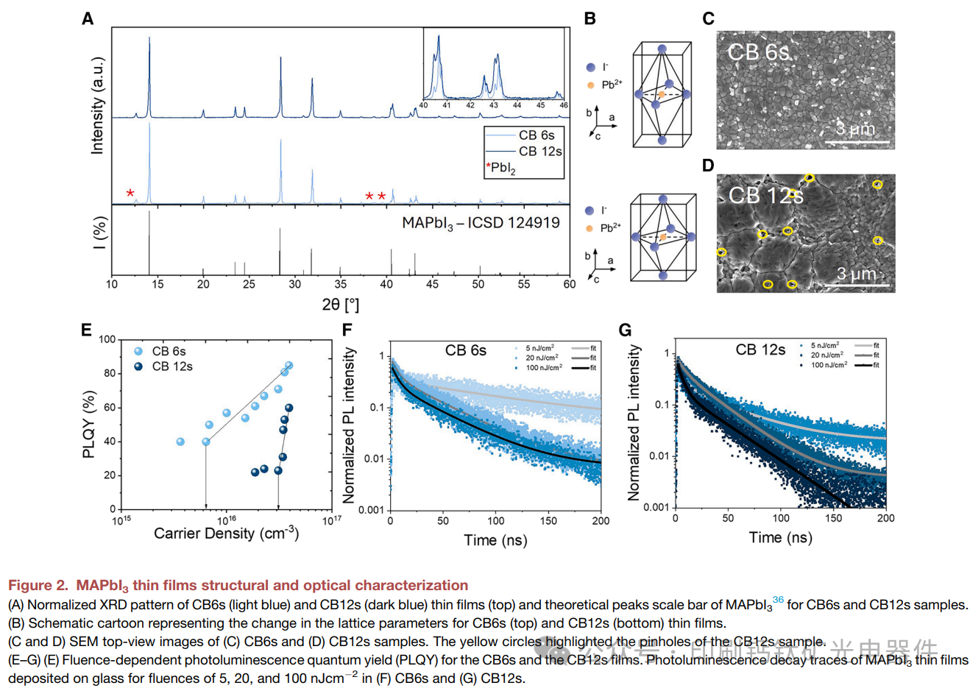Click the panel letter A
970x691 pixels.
(x=88, y=19)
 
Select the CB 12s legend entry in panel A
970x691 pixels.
(x=539, y=152)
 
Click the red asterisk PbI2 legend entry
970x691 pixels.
(x=501, y=169)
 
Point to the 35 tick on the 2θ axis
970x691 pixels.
(x=341, y=285)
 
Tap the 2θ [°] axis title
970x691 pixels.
(x=340, y=304)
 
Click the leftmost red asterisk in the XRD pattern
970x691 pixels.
(x=130, y=193)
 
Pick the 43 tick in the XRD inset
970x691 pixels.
(x=494, y=106)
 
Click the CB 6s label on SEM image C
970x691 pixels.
(x=758, y=52)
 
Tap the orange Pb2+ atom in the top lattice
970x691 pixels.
(x=661, y=94)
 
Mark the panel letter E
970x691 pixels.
(x=87, y=330)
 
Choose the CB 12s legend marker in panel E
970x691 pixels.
(x=138, y=366)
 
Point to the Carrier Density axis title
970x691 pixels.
(x=226, y=534)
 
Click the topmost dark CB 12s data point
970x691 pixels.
(x=289, y=408)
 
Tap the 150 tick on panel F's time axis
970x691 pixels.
(x=548, y=522)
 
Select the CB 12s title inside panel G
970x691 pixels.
(x=760, y=350)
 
